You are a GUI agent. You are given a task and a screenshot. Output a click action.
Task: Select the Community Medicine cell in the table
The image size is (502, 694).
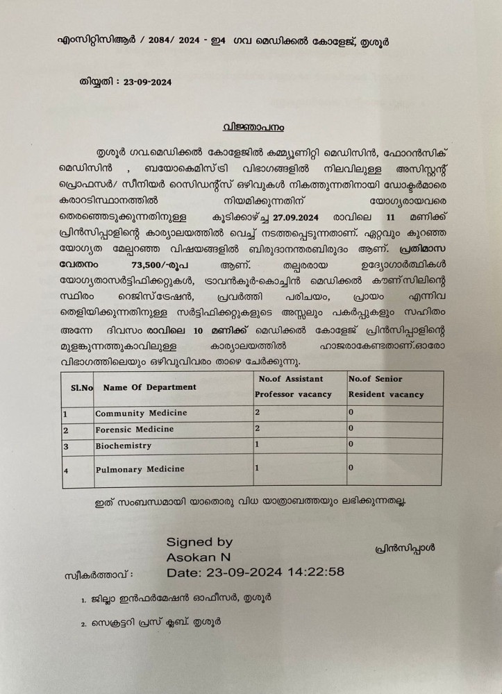[141, 413]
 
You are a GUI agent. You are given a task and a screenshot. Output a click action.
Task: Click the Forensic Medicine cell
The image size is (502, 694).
[135, 430]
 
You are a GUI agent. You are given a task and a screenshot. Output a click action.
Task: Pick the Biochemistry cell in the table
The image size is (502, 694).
[123, 446]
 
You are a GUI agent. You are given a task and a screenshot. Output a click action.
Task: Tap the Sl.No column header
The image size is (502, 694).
[77, 387]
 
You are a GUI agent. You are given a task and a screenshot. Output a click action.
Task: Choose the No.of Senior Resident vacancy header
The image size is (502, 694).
[385, 387]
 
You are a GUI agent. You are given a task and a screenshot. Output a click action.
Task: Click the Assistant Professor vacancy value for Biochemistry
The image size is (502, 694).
[257, 444]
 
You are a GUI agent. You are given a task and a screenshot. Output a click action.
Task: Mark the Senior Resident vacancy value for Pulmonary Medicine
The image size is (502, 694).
[351, 468]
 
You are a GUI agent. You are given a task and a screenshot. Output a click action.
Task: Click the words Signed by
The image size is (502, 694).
[199, 541]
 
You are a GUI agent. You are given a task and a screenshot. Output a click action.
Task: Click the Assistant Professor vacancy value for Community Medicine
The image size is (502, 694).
[257, 412]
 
